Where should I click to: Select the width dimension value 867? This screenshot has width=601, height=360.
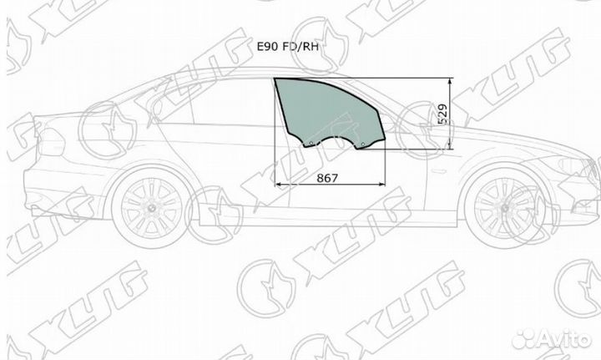pos(328,177)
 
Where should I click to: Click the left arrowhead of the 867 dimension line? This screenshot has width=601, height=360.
pos(278,184)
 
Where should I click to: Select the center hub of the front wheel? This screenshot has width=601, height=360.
pos(504,206)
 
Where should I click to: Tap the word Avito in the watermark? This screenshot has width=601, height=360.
pos(565,338)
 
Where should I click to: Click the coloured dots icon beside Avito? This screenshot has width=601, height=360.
pos(524,338)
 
